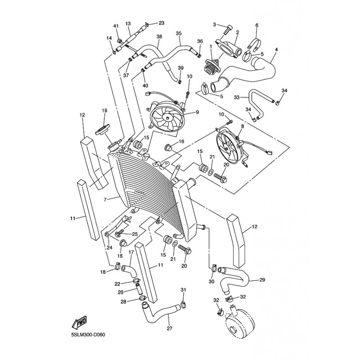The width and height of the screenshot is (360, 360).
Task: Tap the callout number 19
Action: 104,111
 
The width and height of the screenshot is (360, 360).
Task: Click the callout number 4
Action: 276,49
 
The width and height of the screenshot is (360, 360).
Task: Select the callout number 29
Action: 262,280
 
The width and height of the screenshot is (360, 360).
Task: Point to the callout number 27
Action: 170,328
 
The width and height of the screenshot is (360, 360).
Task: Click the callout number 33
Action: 237,97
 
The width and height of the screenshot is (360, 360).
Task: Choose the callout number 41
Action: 116,26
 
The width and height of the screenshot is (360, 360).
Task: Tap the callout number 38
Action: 159,37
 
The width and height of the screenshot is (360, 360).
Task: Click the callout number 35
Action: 179,34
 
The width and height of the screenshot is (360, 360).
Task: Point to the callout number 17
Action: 131,253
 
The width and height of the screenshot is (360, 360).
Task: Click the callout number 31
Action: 183,289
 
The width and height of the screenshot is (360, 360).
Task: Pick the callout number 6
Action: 256,25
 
